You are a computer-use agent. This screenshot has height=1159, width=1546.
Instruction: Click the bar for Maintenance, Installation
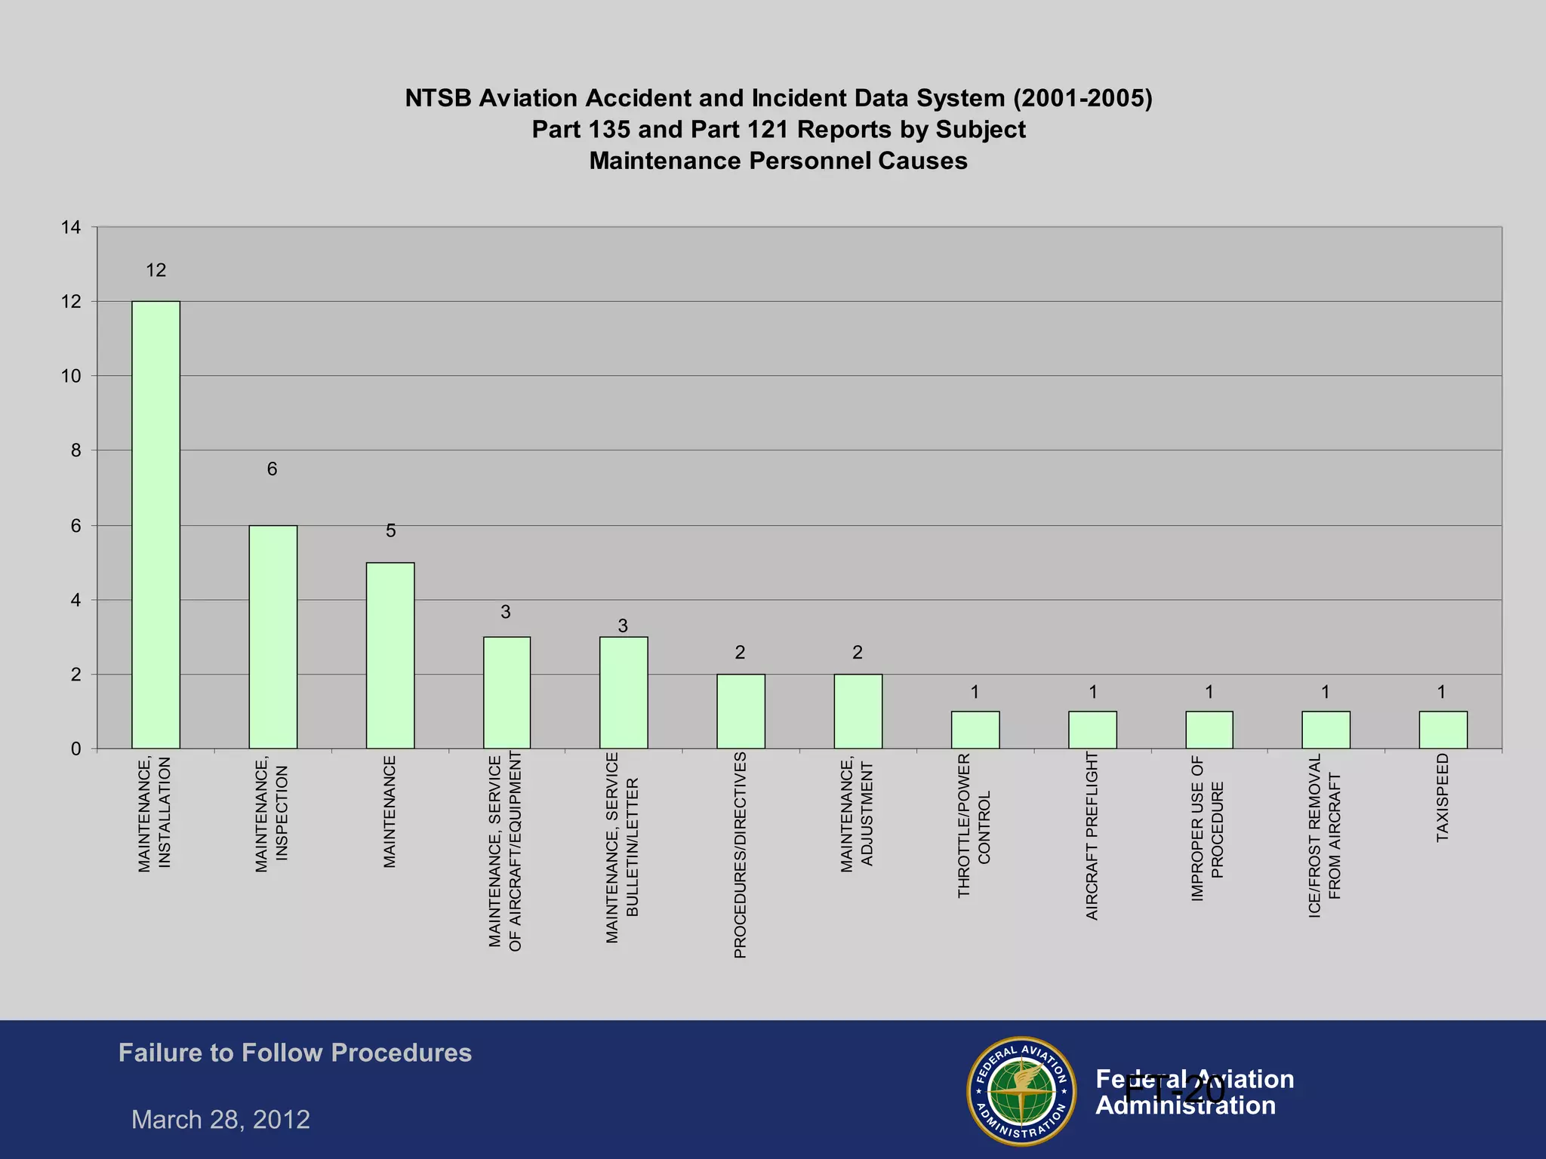(156, 524)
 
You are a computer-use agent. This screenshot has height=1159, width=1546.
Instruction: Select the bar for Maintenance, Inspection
(273, 636)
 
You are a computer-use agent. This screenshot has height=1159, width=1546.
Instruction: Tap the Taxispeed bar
(1443, 730)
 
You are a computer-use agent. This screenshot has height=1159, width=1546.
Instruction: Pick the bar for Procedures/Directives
(741, 711)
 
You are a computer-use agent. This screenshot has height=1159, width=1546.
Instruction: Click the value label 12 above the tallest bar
(156, 270)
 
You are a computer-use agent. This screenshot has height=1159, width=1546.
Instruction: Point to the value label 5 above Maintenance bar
(390, 531)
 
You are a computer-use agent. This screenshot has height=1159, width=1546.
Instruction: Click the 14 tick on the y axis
(71, 227)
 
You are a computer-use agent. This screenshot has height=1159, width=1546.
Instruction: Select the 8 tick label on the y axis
(75, 450)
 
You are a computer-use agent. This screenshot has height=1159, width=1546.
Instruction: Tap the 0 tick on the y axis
(75, 749)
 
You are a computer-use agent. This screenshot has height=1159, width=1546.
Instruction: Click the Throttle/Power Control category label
(974, 825)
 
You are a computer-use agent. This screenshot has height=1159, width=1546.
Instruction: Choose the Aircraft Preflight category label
(1092, 835)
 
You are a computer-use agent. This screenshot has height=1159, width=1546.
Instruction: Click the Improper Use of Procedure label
(1207, 829)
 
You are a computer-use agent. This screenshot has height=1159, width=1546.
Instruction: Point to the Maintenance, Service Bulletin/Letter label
(622, 847)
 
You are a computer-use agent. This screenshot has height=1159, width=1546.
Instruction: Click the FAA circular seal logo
(1021, 1090)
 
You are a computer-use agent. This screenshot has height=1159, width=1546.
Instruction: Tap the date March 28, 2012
(220, 1119)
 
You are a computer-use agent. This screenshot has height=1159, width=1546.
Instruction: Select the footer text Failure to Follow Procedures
(294, 1053)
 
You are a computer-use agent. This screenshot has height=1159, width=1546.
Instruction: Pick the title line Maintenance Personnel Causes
(778, 161)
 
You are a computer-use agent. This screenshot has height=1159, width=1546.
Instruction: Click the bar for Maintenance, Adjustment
(858, 711)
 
